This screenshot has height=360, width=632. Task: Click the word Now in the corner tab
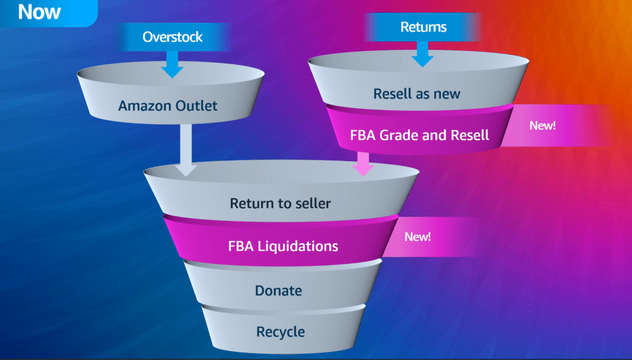tap(39, 12)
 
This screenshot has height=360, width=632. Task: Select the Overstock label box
tap(173, 36)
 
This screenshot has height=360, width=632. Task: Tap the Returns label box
tap(423, 27)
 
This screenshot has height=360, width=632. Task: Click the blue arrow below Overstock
tap(173, 64)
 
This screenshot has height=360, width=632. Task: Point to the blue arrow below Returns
tap(423, 54)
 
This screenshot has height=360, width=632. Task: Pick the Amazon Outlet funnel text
tap(168, 106)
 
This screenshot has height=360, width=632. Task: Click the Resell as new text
tap(417, 94)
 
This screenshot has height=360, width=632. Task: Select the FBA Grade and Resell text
tap(419, 135)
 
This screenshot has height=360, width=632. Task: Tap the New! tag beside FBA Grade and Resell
tap(543, 125)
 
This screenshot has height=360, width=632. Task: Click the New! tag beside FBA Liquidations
tap(418, 237)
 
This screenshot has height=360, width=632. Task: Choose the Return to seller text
tap(280, 203)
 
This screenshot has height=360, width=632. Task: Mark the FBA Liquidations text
tap(283, 246)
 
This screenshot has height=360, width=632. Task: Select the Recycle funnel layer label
tap(281, 332)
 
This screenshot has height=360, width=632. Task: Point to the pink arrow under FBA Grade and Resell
tap(364, 164)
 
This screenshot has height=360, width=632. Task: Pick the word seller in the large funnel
tap(311, 203)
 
